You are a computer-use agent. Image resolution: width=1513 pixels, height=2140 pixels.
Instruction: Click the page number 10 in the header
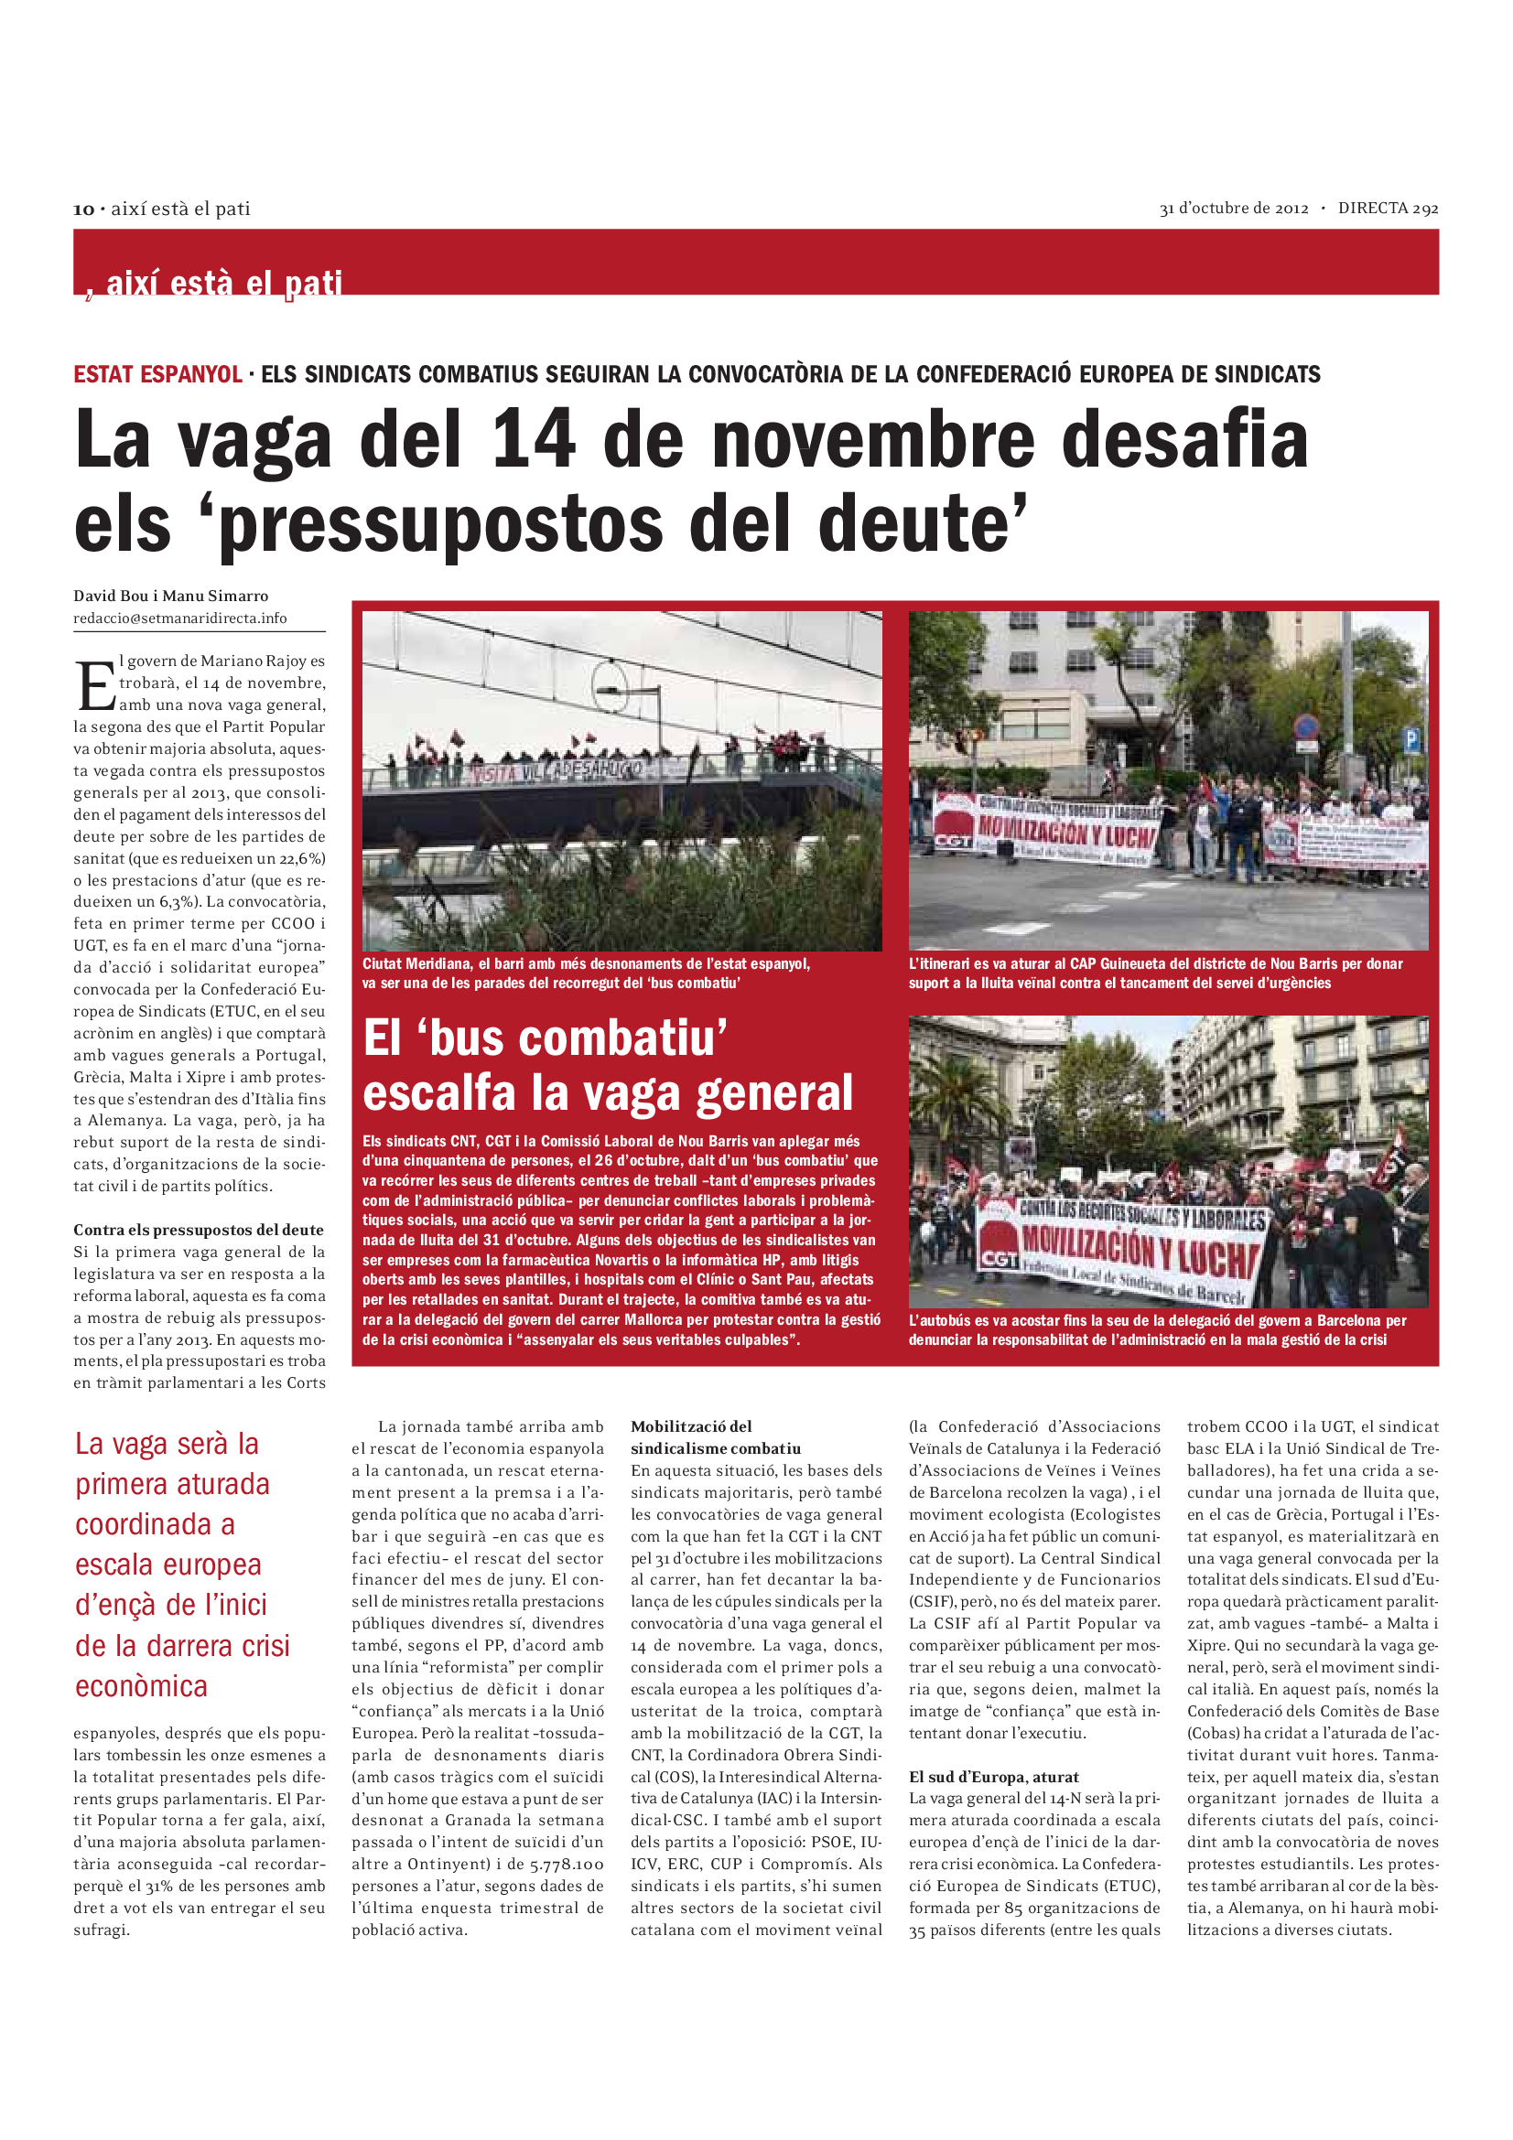click(84, 210)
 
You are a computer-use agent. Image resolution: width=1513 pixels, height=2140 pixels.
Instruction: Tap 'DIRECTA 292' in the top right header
click(1388, 209)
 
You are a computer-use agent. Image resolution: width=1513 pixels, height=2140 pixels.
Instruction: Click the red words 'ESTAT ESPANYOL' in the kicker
click(157, 375)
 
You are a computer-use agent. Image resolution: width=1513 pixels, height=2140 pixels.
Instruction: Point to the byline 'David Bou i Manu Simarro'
click(170, 596)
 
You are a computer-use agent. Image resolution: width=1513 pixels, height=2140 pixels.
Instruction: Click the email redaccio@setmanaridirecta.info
click(180, 618)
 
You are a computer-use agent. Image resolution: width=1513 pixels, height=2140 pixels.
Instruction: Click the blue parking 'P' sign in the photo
click(1410, 741)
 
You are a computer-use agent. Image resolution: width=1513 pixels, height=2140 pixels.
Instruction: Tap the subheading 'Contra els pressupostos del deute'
click(199, 1230)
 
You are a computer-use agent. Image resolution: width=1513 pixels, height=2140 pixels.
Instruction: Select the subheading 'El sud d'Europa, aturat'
click(994, 1777)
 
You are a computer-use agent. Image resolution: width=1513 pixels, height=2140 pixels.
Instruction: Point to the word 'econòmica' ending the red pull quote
click(142, 1686)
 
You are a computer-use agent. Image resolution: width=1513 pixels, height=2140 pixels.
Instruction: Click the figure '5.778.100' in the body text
click(566, 1864)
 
